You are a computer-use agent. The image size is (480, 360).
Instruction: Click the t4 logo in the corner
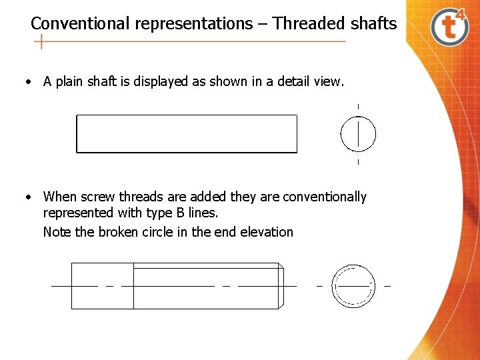point(450,27)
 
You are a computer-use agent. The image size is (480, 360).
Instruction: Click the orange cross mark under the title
point(42,42)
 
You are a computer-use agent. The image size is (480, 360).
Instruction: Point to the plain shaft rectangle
point(187,134)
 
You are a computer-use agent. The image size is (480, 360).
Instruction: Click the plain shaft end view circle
point(358,134)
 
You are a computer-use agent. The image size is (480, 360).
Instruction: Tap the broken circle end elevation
point(354,286)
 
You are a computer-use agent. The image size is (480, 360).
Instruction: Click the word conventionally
point(325,197)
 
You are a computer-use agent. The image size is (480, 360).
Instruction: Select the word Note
point(56,232)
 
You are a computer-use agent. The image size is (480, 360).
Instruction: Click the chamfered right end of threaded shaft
point(281,286)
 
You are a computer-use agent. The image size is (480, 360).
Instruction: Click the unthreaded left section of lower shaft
point(102,286)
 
